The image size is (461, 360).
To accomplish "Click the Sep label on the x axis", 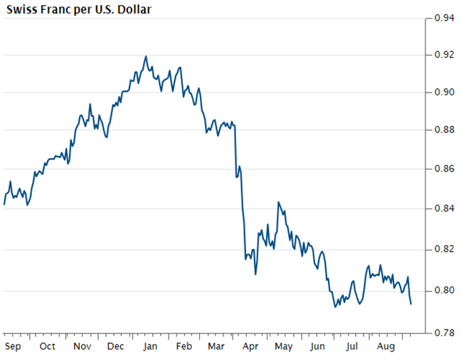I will [14, 346].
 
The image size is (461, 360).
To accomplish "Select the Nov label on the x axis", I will [82, 346].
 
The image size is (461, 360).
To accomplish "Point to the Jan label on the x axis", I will [150, 346].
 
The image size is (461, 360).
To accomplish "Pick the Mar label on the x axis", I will [216, 346].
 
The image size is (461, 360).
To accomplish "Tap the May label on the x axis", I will [284, 346].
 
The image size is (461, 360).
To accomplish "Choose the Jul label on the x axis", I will [351, 346].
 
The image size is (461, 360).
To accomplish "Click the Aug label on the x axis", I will [386, 346].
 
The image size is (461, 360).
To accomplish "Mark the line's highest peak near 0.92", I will [146, 56].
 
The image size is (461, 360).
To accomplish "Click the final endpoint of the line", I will [411, 304].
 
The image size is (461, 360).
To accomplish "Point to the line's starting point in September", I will [4, 204].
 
